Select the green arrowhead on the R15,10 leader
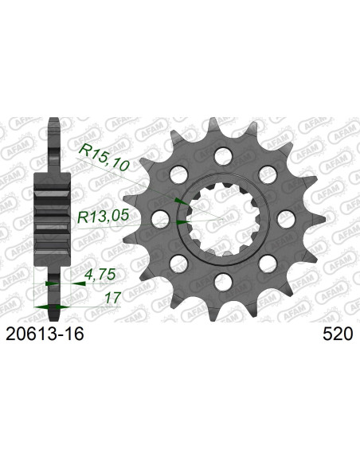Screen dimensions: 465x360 point(177,199)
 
